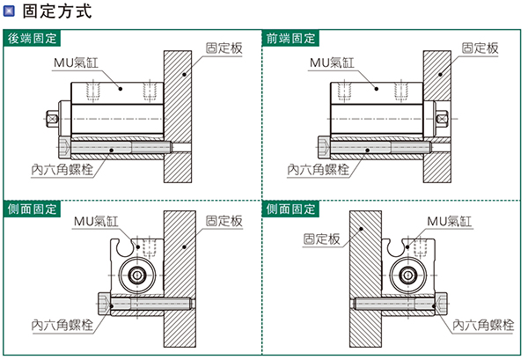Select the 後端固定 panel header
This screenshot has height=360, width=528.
click(x=33, y=39)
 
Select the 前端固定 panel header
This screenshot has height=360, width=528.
click(x=290, y=39)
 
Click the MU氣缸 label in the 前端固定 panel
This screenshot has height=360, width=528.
click(x=331, y=62)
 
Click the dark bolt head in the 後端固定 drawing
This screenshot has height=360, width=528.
click(x=63, y=147)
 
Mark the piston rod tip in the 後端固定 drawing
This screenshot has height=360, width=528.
click(x=55, y=118)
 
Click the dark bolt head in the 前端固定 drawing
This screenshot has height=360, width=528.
click(x=323, y=147)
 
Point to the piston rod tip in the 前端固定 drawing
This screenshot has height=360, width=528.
click(x=446, y=118)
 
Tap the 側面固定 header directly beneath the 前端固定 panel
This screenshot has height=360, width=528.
click(x=290, y=209)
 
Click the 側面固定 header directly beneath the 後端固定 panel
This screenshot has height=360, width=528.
click(x=33, y=209)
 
